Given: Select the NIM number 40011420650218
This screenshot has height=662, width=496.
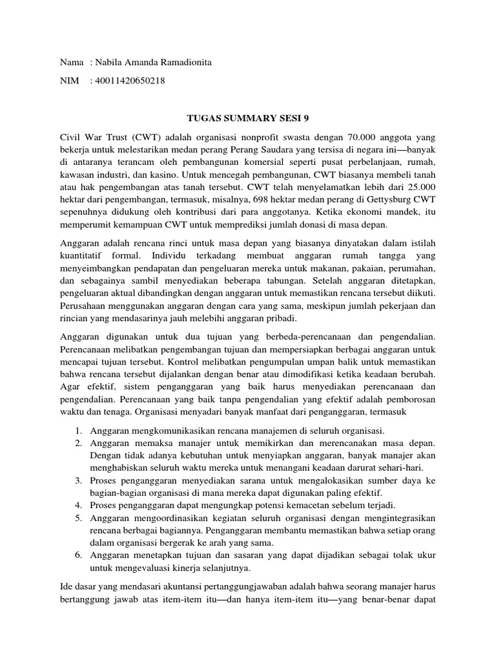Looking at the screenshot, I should tap(128, 81).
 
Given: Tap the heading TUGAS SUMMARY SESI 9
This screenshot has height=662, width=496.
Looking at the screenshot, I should tap(248, 118).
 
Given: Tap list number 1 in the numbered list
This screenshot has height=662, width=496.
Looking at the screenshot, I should tap(77, 431).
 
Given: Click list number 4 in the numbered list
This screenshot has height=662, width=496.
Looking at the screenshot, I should tap(77, 505).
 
